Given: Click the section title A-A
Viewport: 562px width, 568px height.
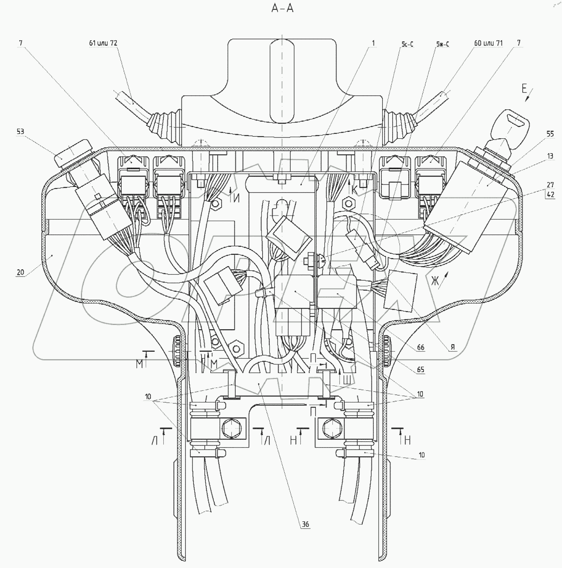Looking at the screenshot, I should (283, 8).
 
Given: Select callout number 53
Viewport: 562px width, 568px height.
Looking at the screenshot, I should (20, 131).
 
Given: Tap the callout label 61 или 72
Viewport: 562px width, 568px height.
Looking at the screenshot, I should (103, 43).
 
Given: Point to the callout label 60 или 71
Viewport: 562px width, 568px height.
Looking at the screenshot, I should (488, 43).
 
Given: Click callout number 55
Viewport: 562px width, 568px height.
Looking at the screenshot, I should (550, 134).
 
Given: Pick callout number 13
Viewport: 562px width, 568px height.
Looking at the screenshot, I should (550, 156).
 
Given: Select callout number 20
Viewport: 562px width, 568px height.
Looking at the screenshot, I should (20, 272).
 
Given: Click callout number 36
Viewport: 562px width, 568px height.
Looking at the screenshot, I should (305, 524).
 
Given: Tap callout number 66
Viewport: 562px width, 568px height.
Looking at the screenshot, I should (420, 348).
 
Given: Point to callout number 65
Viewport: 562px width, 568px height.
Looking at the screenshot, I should (420, 369).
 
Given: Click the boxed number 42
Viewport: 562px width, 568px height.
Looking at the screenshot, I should (550, 194).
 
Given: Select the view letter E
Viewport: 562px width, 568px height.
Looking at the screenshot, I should (524, 89).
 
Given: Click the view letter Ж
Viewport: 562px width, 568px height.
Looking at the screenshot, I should (435, 280).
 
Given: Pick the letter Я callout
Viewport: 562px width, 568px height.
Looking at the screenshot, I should (453, 348).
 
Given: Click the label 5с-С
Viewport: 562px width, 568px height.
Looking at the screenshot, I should (407, 44).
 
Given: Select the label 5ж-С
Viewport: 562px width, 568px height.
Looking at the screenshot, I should (442, 44).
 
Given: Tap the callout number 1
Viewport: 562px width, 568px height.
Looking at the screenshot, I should (373, 43).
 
